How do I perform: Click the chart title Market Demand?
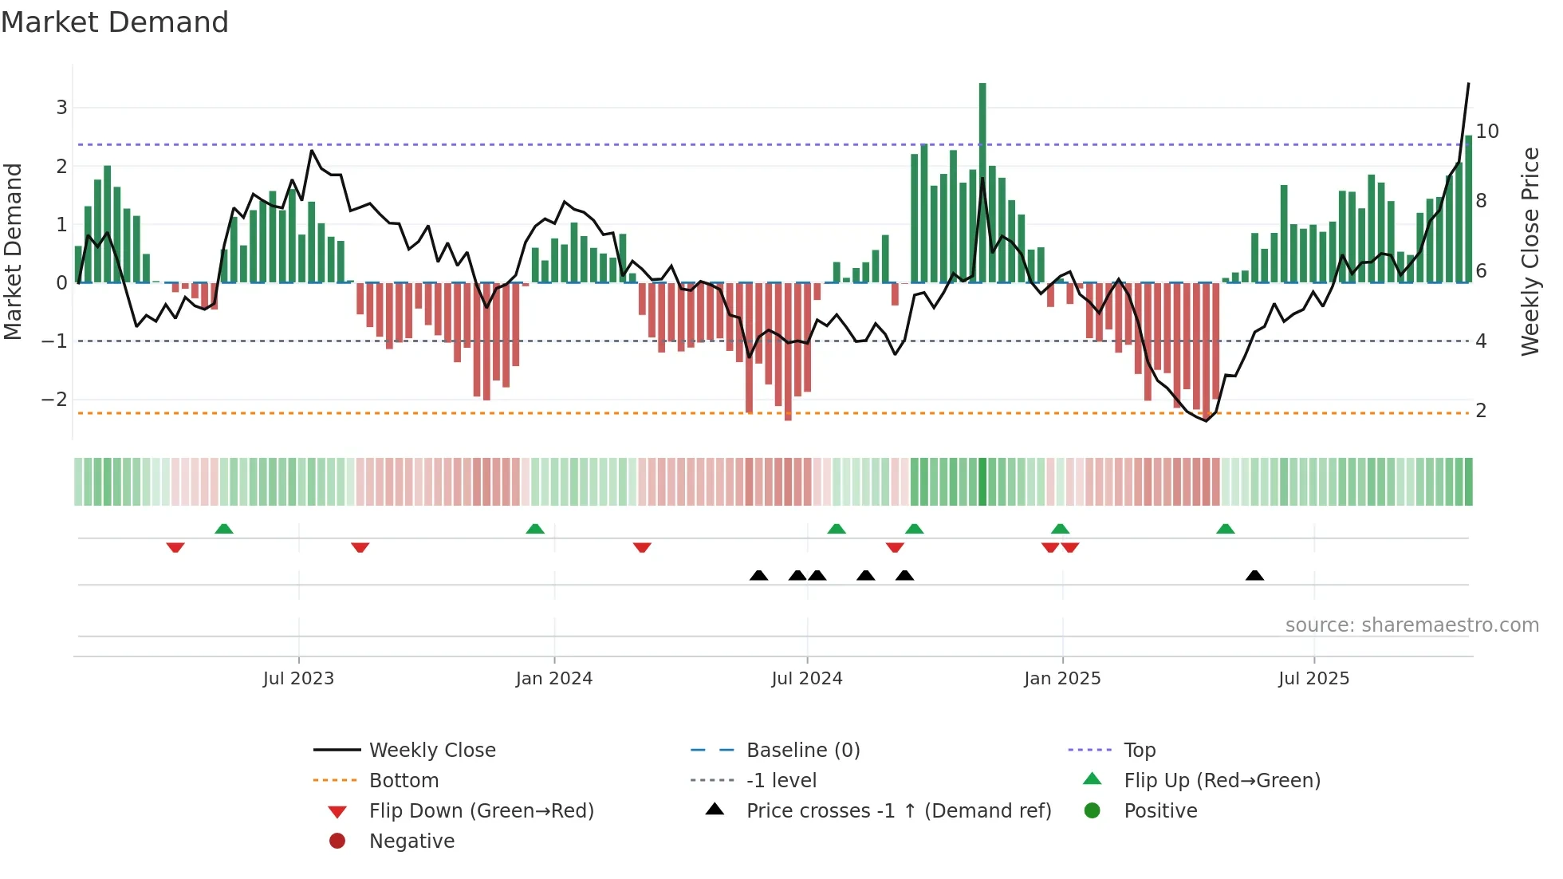[115, 22]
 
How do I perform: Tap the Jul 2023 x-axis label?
[298, 679]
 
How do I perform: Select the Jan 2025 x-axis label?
[1062, 679]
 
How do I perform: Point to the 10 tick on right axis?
[1486, 132]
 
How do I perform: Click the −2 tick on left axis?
[54, 400]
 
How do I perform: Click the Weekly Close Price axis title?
[1530, 251]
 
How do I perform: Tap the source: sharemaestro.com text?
[1411, 625]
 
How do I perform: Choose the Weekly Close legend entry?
[431, 751]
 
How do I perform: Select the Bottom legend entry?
[404, 781]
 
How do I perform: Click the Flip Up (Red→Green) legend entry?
[1222, 781]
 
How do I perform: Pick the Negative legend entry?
[411, 842]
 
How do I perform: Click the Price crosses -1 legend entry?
[898, 811]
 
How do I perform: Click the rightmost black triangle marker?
[1254, 576]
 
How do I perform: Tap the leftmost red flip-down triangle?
[175, 547]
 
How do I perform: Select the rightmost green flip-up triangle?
[1226, 529]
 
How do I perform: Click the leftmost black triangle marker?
[758, 576]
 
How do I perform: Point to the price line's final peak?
[1468, 84]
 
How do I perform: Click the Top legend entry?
[1139, 751]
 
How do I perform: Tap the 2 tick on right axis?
[1481, 411]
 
